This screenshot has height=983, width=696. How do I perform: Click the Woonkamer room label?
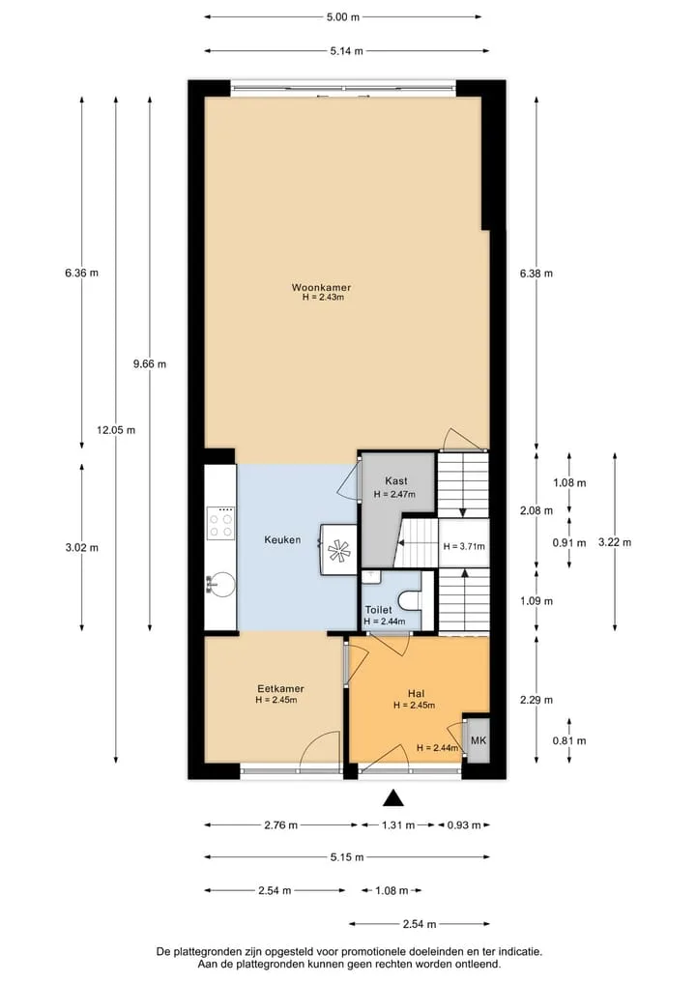[x=321, y=288]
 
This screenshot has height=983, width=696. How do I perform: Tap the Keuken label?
[x=282, y=539]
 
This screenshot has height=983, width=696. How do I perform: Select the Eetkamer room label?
[x=280, y=688]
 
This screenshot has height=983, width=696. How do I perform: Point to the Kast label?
[x=395, y=480]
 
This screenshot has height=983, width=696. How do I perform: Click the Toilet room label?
[x=379, y=609]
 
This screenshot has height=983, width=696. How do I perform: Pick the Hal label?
[x=416, y=693]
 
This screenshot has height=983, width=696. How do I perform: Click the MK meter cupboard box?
[x=478, y=739]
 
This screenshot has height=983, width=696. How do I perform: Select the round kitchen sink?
[x=220, y=585]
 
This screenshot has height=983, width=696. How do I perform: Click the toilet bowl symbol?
[x=413, y=600]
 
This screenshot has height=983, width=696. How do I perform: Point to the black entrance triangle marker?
[x=392, y=797]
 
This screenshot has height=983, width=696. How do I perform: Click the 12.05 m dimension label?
[x=116, y=430]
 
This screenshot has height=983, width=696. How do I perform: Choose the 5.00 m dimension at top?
[x=343, y=17]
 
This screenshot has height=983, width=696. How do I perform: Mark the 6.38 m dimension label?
[x=536, y=274]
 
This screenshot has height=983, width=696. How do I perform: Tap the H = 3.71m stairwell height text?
[x=464, y=546]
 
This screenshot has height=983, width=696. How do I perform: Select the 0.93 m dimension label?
[x=464, y=825]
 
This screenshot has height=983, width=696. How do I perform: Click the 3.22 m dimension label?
[x=615, y=542]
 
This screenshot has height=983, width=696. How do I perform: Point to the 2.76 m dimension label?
[x=281, y=825]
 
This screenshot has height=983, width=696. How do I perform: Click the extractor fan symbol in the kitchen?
[x=339, y=550]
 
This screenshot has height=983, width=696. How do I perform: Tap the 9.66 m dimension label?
[x=150, y=363]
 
